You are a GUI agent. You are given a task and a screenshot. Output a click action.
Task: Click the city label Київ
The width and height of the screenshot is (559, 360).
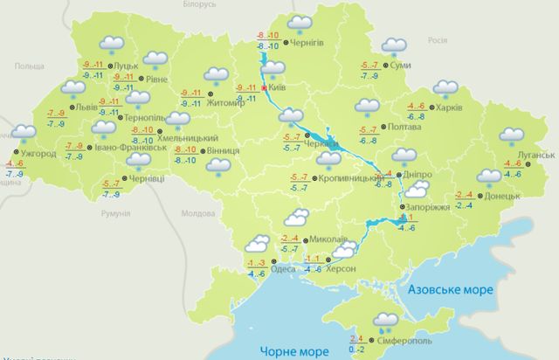click(x=275, y=88)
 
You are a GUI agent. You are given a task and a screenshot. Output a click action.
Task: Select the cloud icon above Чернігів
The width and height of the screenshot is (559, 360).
click(x=300, y=24)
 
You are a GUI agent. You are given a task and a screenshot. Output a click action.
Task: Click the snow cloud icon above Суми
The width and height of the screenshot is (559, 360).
click(x=395, y=45)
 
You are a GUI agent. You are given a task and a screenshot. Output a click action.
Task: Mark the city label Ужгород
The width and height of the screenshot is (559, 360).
click(x=38, y=154)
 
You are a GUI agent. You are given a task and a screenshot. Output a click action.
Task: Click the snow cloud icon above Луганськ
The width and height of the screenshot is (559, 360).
click(x=510, y=136)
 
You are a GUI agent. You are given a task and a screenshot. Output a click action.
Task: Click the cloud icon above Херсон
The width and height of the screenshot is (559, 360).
click(x=343, y=251)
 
